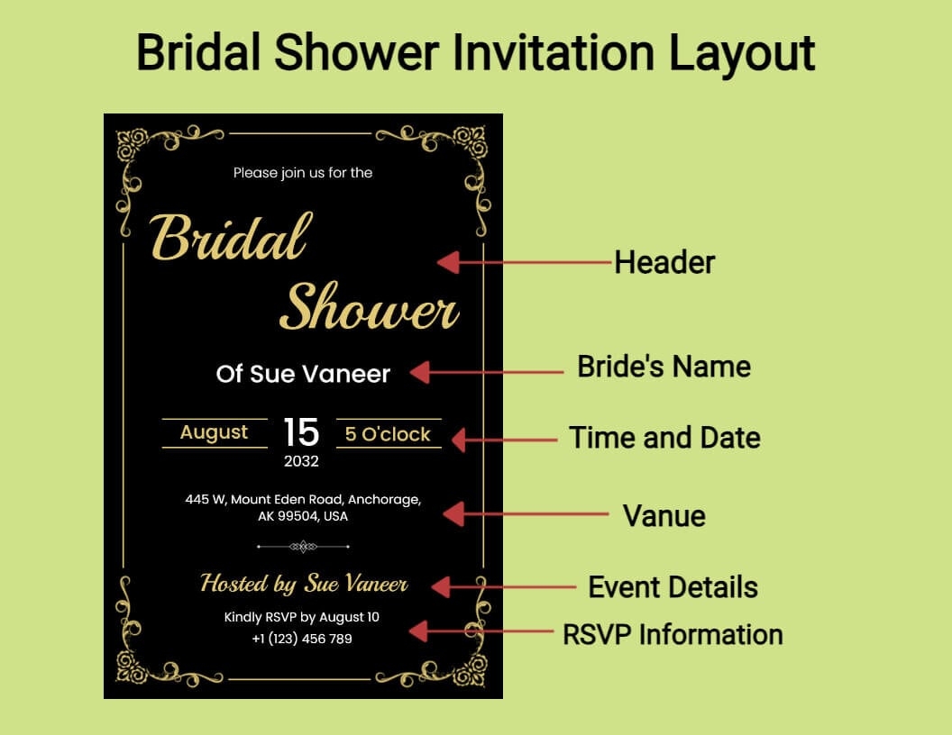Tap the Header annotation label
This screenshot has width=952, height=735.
[664, 263]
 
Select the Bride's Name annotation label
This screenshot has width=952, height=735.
[664, 367]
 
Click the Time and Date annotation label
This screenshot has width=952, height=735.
[664, 438]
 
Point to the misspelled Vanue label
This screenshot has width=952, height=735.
[664, 516]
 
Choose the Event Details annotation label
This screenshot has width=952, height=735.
[673, 587]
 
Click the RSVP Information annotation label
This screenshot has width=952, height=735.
[673, 634]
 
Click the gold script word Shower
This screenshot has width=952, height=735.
[369, 307]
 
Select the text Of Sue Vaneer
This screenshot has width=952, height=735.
[303, 374]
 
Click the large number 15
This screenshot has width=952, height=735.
[301, 432]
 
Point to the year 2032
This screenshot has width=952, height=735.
[301, 461]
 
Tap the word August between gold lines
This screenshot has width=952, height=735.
[214, 432]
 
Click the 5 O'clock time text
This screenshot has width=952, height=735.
[388, 434]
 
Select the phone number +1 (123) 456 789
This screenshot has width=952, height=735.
[302, 639]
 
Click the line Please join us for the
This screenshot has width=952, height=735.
[303, 174]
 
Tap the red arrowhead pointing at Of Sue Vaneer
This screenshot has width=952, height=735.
[420, 372]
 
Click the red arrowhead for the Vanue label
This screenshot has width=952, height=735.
[453, 513]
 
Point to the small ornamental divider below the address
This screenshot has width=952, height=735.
[303, 547]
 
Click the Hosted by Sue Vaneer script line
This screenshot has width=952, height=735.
[304, 584]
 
